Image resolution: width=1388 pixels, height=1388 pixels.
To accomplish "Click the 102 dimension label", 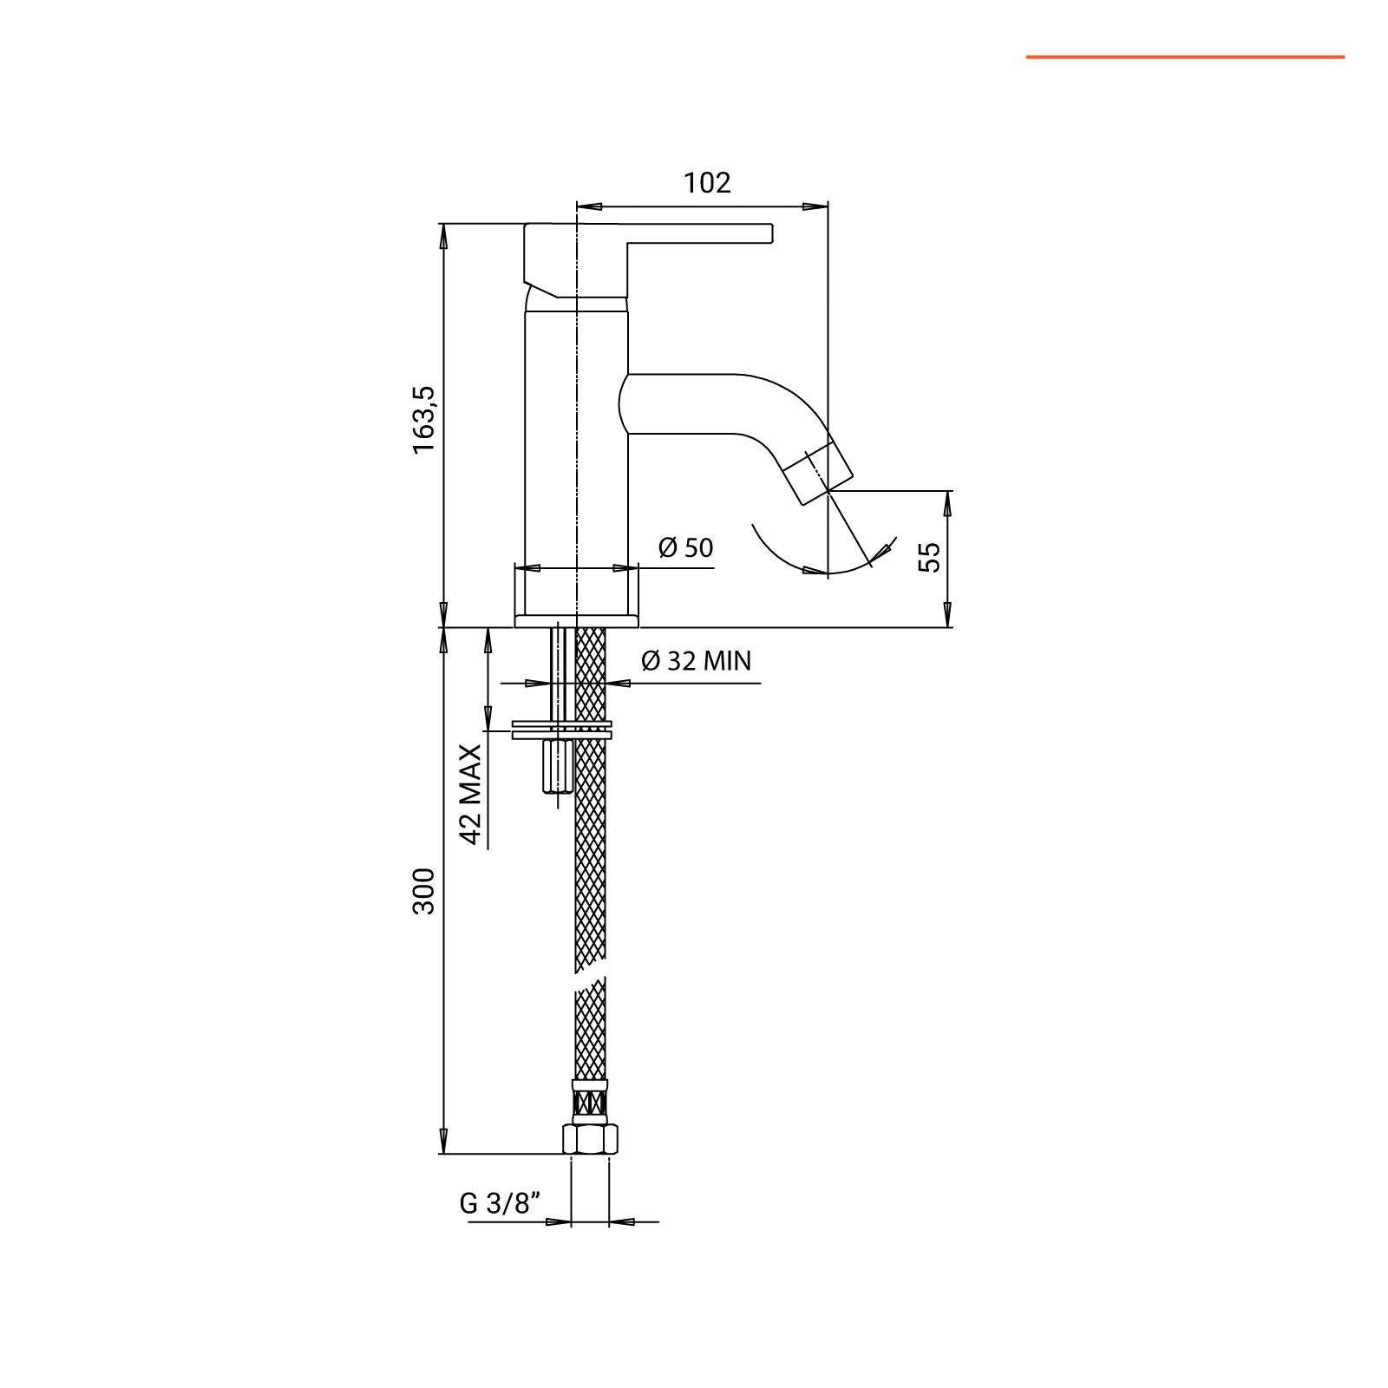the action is coord(707,183).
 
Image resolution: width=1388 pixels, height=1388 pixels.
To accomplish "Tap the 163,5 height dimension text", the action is coord(424,419).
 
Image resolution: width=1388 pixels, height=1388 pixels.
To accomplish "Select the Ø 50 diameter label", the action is coord(685,547).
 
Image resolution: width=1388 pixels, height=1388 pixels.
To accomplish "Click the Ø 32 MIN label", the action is coord(697,661).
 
